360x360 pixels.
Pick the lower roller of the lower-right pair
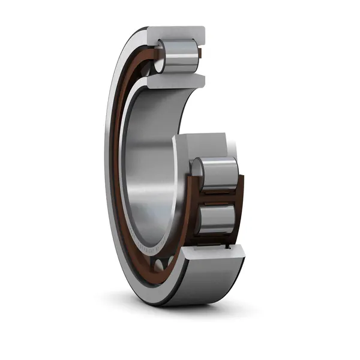(x=220, y=218)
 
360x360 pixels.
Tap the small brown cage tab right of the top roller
(x=200, y=56)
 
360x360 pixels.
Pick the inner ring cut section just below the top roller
(x=180, y=80)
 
